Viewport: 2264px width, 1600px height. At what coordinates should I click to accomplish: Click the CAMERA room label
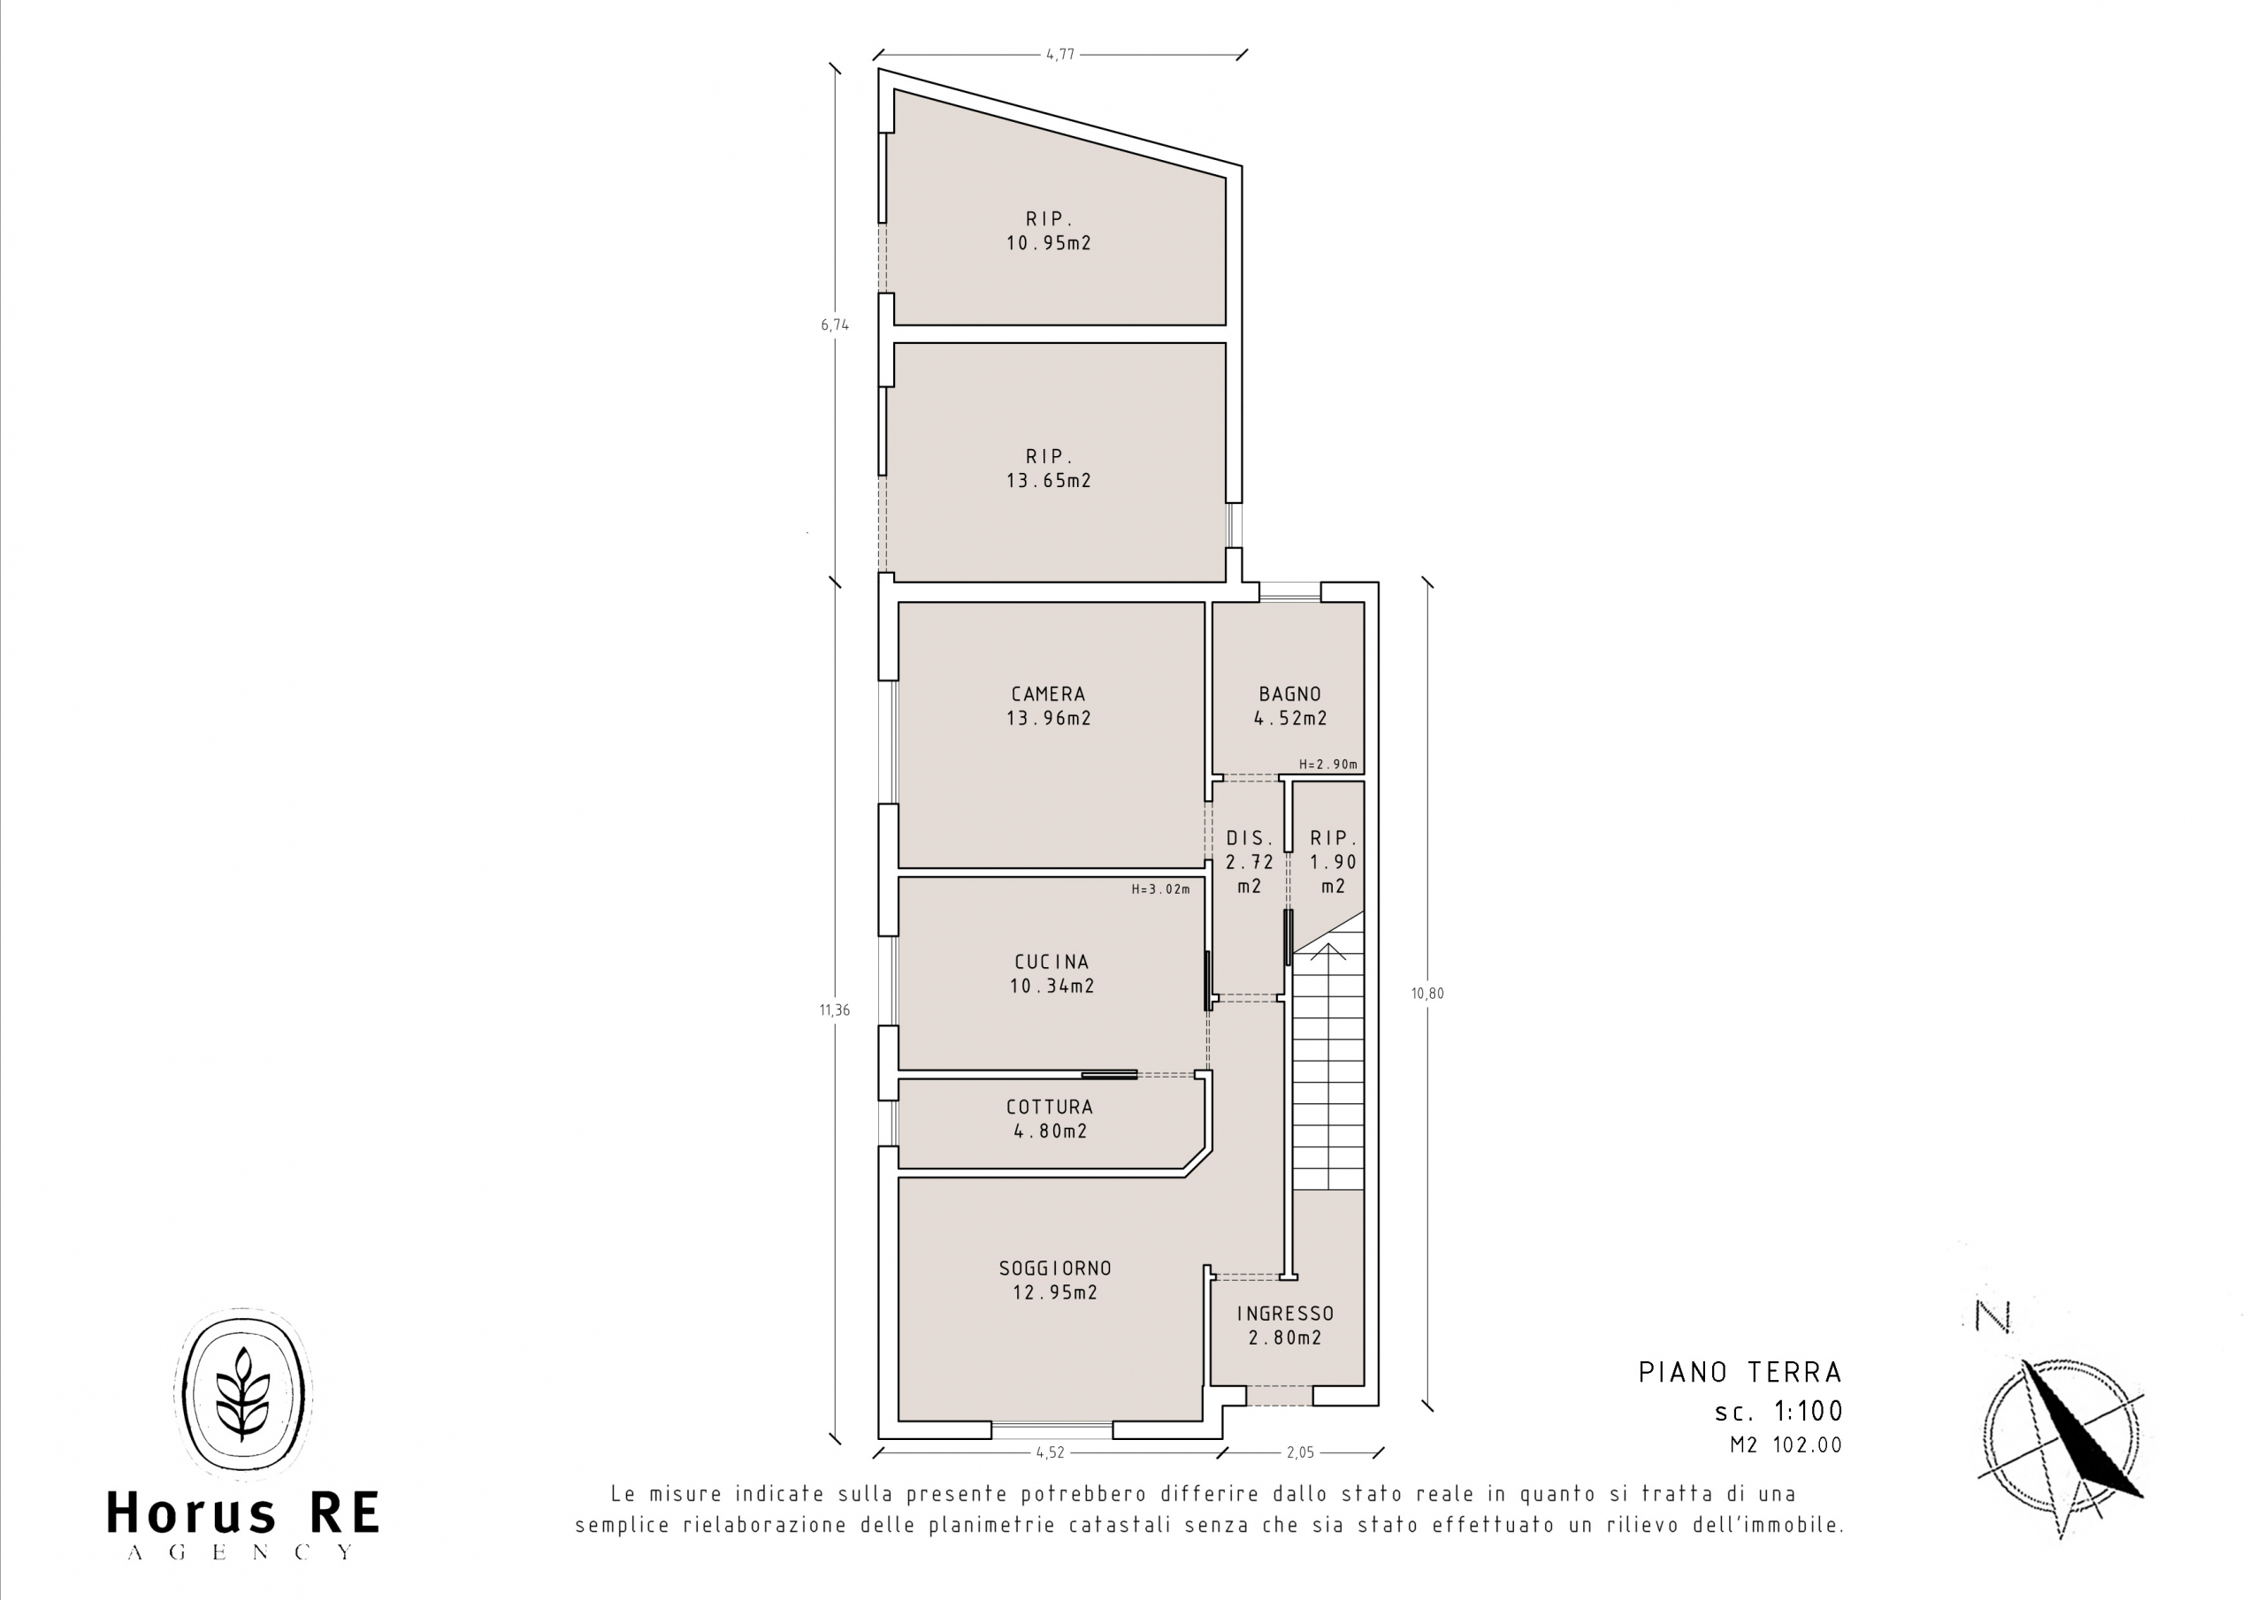point(1048,694)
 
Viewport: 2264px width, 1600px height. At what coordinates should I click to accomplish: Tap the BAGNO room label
point(1289,694)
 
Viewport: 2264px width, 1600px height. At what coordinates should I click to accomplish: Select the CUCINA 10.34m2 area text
point(1052,973)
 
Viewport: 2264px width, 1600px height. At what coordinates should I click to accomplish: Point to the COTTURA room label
point(1050,1107)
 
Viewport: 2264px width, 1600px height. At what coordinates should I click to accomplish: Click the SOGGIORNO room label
point(1055,1268)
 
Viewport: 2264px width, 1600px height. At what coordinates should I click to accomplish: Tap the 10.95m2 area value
point(1049,242)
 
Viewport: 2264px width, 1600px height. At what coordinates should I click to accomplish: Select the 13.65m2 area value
point(1049,481)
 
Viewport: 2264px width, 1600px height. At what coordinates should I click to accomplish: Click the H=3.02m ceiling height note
point(1160,889)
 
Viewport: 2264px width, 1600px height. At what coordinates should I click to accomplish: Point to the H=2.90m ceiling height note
point(1328,764)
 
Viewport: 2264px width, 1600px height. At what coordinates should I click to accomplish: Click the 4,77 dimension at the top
point(1060,55)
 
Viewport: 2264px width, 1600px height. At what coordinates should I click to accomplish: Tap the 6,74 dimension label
point(835,324)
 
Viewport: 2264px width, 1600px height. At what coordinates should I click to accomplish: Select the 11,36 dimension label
point(834,1010)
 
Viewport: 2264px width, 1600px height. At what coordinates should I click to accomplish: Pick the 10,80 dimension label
point(1427,993)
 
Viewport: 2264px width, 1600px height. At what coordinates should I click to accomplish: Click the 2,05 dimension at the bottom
point(1301,1452)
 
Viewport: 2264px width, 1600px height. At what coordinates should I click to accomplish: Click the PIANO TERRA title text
point(1740,1372)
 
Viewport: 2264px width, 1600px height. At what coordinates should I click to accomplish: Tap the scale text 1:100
point(1809,1412)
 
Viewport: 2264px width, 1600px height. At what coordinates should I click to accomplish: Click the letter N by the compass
point(1992,1316)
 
